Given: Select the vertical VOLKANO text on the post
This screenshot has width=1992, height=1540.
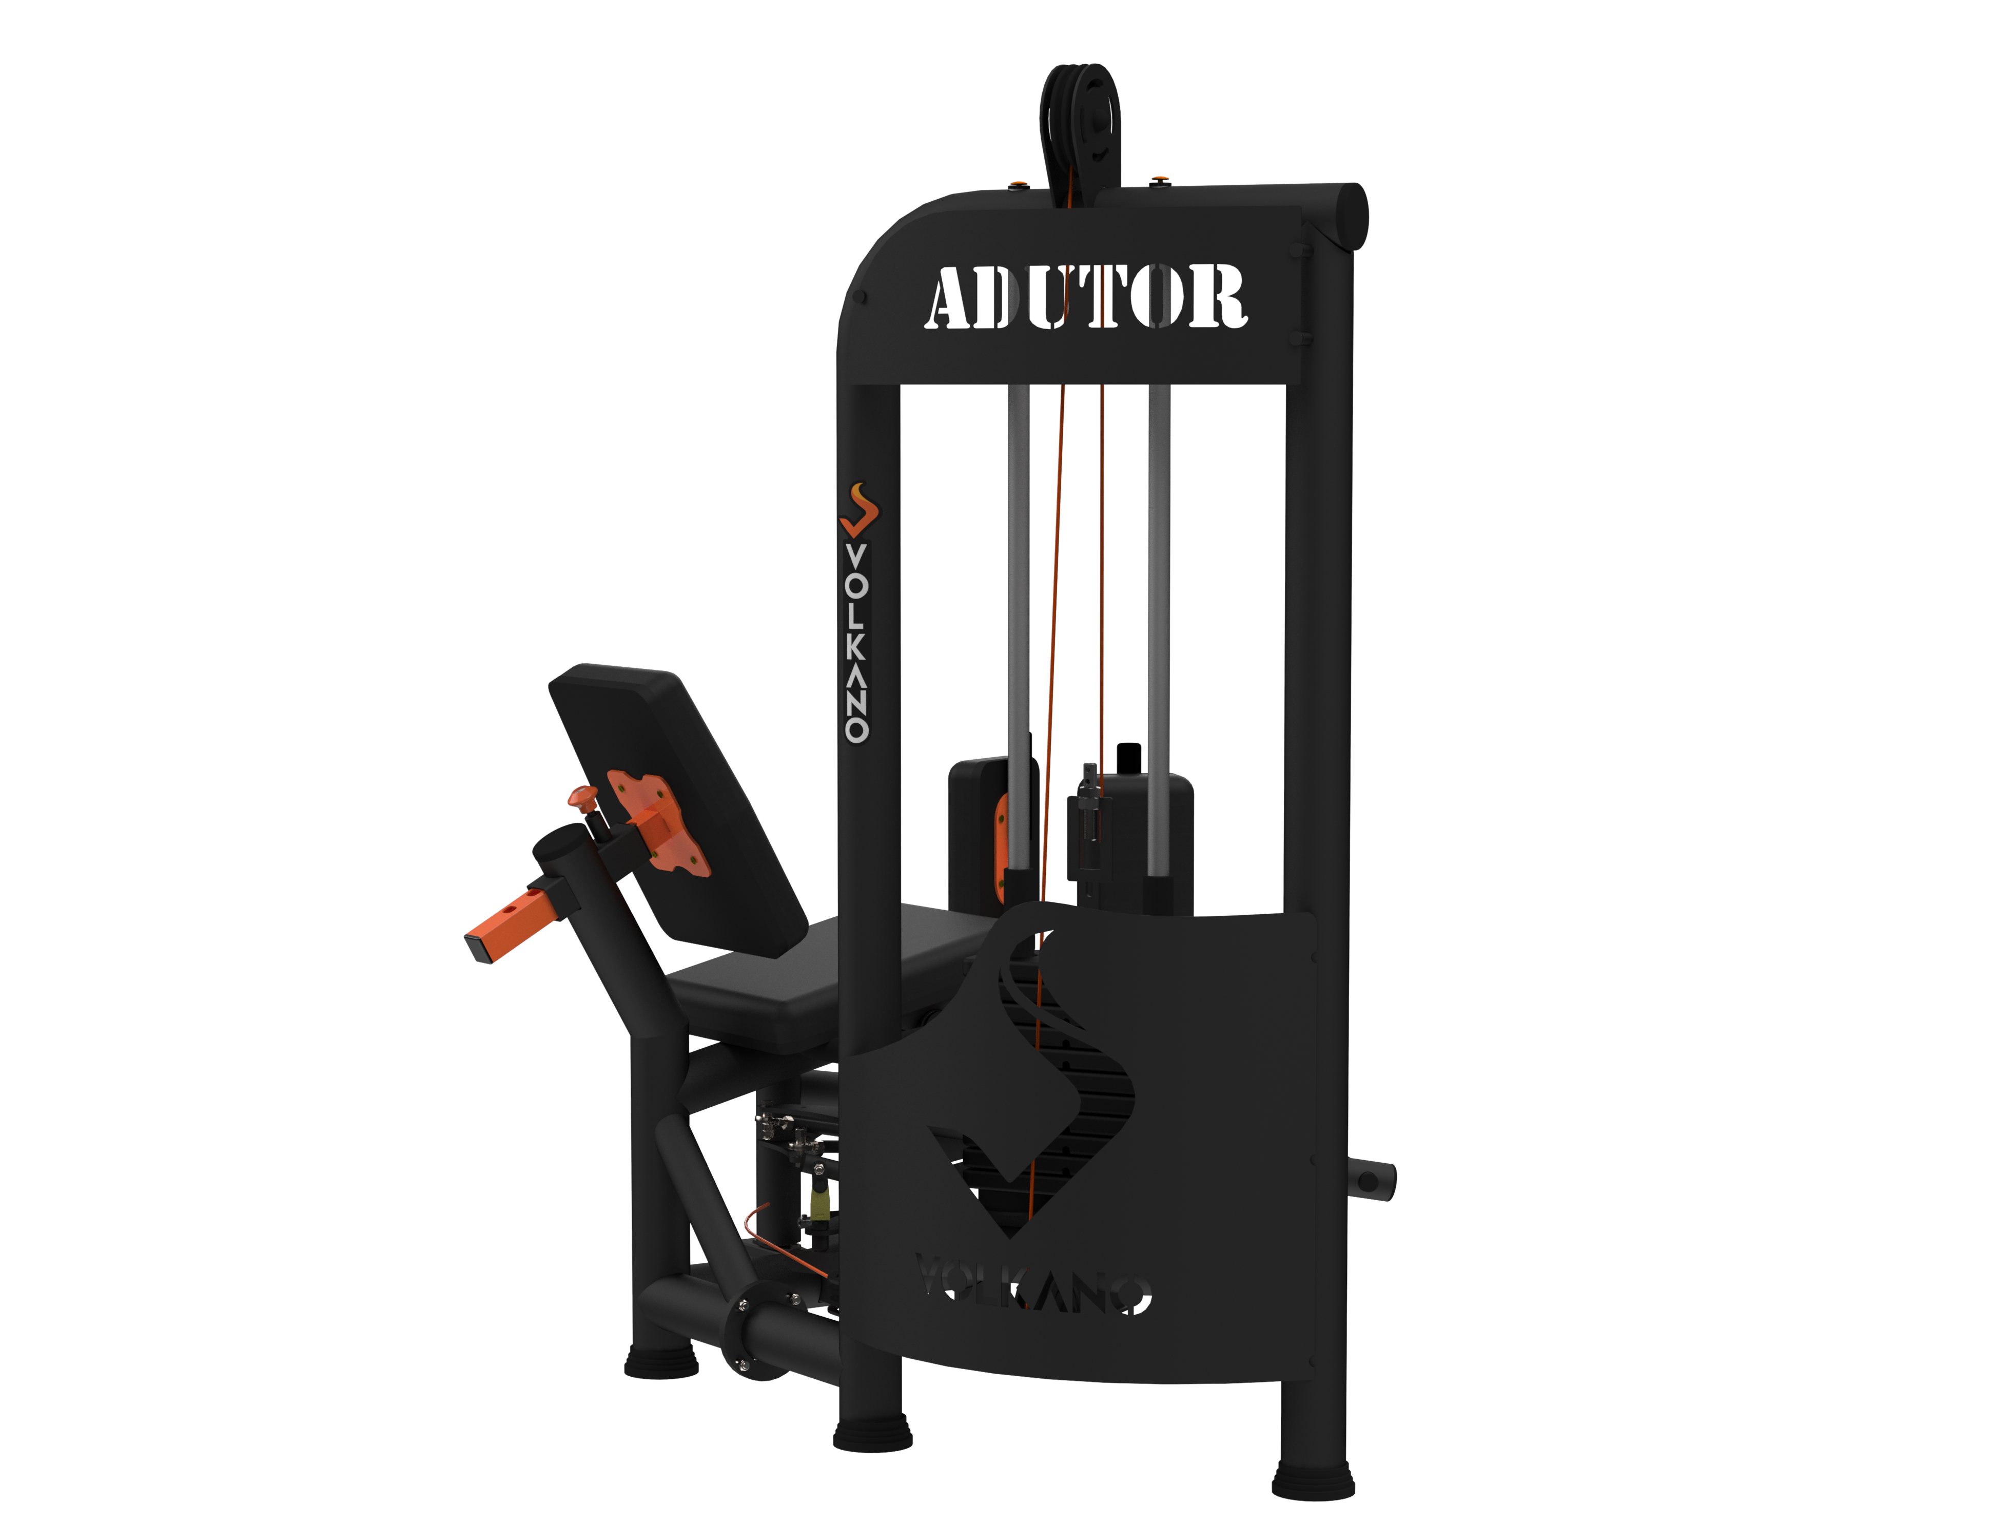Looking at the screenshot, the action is (856, 643).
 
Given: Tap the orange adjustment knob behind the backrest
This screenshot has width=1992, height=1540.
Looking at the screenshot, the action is (583, 797).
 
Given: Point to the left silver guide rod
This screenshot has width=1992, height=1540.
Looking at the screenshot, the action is (1019, 629).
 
